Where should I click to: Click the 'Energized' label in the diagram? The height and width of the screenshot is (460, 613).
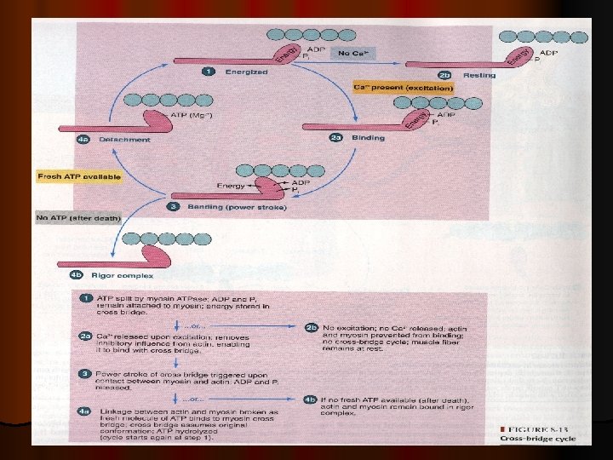[246, 72]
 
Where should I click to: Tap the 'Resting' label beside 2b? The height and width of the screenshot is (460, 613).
[479, 76]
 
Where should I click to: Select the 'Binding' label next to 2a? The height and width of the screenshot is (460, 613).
[368, 137]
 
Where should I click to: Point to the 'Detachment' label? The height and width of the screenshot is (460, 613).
[124, 139]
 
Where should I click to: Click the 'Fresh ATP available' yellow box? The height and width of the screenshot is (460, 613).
[79, 177]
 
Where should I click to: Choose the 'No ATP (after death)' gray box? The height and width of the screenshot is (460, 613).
[79, 218]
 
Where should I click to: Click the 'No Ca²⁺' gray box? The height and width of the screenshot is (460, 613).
[352, 54]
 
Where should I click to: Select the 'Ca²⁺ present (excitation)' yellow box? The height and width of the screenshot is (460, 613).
[403, 88]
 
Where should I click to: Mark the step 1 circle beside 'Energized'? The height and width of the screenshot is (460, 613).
[208, 72]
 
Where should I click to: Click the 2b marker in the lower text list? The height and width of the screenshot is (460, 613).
[312, 326]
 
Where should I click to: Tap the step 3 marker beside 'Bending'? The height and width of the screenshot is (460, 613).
[173, 207]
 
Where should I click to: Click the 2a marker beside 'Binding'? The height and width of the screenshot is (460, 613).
[335, 137]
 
